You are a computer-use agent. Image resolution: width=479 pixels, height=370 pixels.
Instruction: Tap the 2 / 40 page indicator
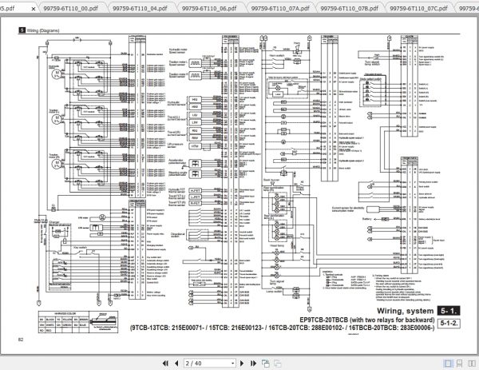[197, 360]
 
